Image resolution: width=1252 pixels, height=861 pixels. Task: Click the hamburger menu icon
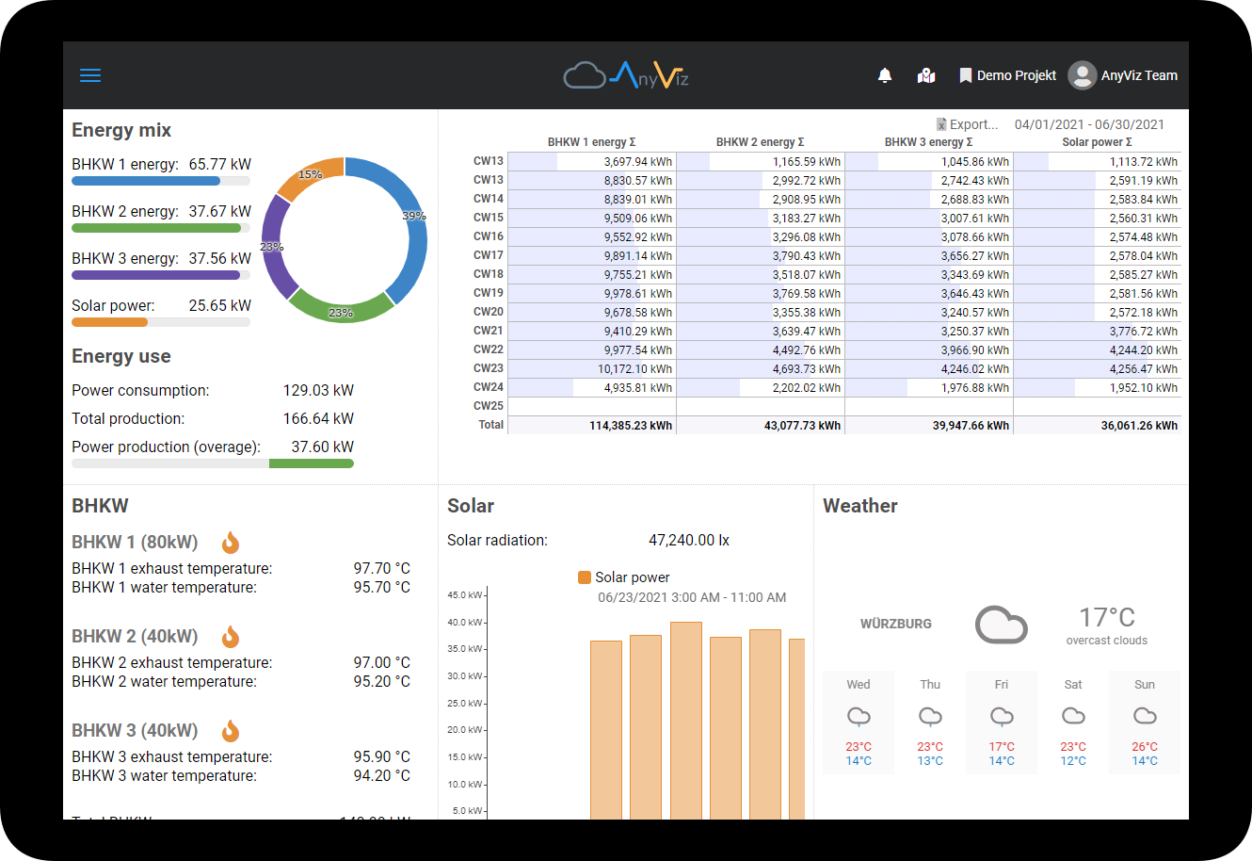tap(90, 75)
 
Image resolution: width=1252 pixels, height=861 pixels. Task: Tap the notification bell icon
tap(885, 75)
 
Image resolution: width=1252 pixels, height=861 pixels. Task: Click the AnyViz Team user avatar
tap(1083, 75)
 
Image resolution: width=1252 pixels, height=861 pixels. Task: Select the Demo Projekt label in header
tap(1016, 75)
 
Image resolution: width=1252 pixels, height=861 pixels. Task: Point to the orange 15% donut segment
tap(309, 178)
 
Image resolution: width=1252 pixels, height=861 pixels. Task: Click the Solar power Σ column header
tap(1097, 142)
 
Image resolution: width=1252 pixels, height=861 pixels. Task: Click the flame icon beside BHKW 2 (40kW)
tap(231, 637)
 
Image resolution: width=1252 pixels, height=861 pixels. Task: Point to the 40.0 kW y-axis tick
tap(464, 623)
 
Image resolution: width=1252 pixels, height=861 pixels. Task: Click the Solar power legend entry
tap(624, 577)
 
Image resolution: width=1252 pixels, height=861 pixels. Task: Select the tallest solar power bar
tap(686, 716)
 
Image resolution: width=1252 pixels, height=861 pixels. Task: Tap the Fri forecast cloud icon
tap(1002, 717)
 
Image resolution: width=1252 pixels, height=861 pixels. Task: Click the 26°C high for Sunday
tap(1145, 747)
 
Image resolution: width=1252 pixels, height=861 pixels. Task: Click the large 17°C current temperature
tap(1106, 618)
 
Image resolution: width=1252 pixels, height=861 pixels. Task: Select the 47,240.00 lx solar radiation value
tap(688, 541)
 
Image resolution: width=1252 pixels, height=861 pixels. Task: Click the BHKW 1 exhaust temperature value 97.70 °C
tap(381, 569)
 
